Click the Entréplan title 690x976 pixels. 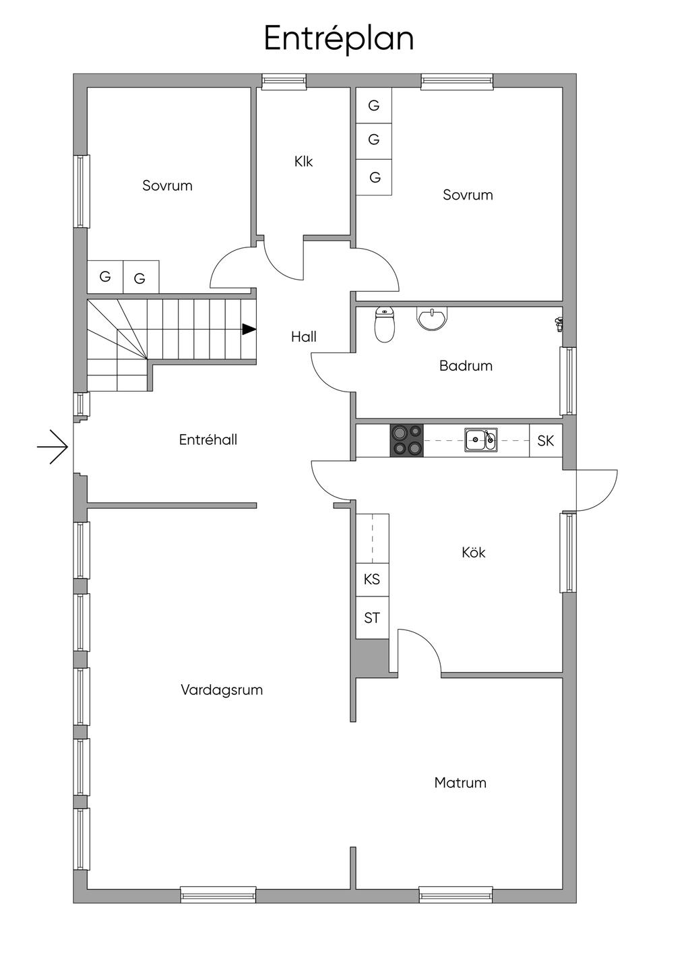[x=338, y=38]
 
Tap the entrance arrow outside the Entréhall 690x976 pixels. [x=53, y=446]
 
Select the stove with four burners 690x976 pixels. [x=406, y=440]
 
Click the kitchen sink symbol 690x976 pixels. [x=481, y=439]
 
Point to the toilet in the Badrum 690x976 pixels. [x=384, y=325]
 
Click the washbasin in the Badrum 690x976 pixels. [x=432, y=319]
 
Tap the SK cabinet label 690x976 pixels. [x=545, y=441]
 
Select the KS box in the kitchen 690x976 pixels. [x=372, y=579]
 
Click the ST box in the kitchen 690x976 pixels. [x=372, y=617]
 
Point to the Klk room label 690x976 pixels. [x=303, y=162]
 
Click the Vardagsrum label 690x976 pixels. [x=222, y=690]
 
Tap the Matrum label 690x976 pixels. [x=460, y=783]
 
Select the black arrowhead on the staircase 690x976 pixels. [x=249, y=329]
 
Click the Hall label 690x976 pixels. [x=304, y=336]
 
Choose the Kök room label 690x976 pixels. [x=474, y=552]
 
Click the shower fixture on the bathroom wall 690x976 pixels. [x=558, y=324]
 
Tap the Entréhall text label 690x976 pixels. [x=208, y=439]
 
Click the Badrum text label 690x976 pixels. [x=466, y=365]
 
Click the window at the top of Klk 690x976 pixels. [x=284, y=82]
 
